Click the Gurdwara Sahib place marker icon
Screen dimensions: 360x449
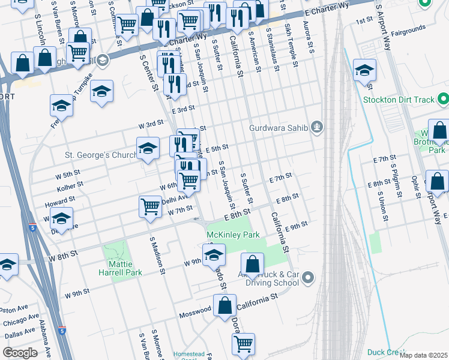318,127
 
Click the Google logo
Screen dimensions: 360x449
20,352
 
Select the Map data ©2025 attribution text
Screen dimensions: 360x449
423,355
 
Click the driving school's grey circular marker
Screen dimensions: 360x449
308,277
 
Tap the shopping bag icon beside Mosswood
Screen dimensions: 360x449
224,305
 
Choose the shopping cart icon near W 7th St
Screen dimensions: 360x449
149,206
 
